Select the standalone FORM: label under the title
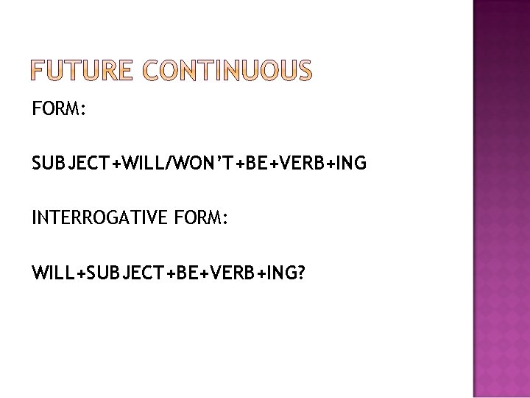60,111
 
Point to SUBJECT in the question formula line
122,273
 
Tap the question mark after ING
302,273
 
